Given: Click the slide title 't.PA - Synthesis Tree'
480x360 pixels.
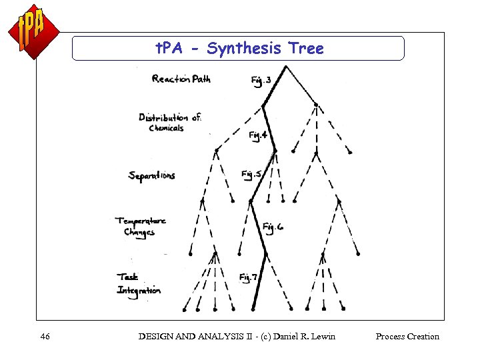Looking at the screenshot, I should click(239, 49).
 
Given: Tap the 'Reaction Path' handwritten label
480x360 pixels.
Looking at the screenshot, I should click(181, 79).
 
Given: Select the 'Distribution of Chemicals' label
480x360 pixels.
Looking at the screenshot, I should click(170, 122).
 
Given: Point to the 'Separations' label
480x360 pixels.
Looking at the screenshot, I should click(152, 175).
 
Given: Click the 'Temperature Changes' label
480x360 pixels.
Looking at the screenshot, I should click(140, 227).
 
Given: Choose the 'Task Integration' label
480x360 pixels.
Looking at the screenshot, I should click(139, 283).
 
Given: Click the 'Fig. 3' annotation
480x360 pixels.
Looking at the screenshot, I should click(261, 81).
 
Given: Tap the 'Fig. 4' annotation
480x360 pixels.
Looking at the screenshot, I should click(258, 136).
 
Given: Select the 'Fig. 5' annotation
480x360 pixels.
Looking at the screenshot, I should click(251, 175).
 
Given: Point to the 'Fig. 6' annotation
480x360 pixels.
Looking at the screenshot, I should click(273, 227).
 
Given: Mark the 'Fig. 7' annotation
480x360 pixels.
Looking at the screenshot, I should click(249, 277).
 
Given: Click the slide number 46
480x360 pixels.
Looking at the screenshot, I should click(45, 337).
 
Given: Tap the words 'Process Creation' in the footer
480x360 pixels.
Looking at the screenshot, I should click(407, 337).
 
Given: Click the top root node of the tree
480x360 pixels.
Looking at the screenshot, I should click(286, 66).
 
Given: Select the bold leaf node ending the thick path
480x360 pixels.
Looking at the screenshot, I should click(254, 309).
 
